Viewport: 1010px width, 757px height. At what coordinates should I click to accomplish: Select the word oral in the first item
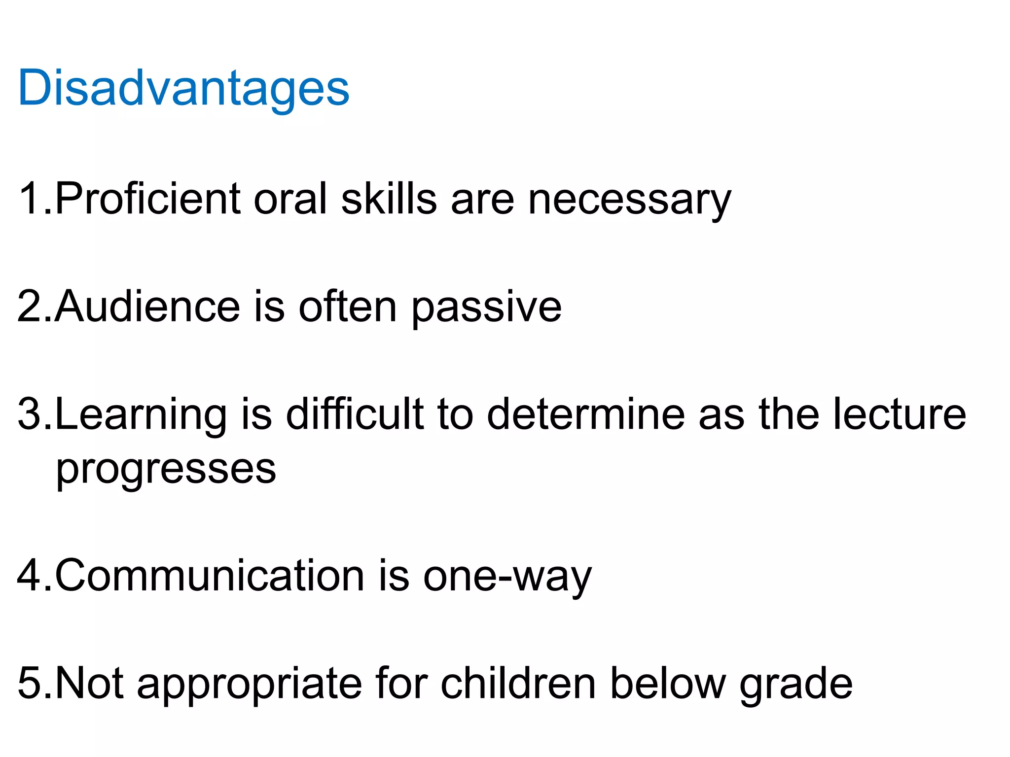pyautogui.click(x=290, y=199)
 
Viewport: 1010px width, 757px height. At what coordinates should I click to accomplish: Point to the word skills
pyautogui.click(x=389, y=199)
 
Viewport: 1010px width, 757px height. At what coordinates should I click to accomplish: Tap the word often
pyautogui.click(x=348, y=307)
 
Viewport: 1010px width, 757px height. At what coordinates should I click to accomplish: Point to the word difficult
pyautogui.click(x=355, y=414)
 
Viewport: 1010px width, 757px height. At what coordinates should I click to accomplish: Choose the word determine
pyautogui.click(x=586, y=414)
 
